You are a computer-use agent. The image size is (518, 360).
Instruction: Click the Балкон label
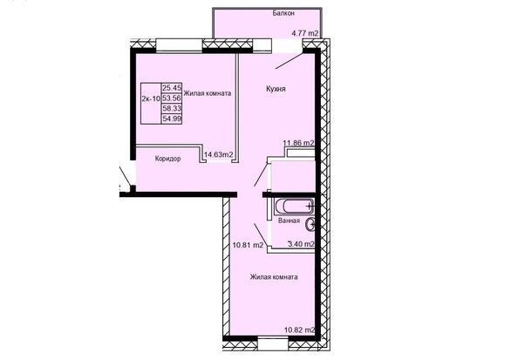click(x=283, y=13)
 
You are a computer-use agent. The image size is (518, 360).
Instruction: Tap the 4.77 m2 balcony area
click(x=305, y=33)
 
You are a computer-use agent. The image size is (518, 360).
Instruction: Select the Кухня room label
click(x=276, y=89)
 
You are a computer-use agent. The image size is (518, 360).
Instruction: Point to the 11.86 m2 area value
click(x=298, y=143)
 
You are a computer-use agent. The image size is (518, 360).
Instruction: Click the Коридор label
click(x=167, y=159)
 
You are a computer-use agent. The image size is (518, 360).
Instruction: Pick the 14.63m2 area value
click(x=219, y=154)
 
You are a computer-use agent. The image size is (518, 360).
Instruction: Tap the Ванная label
click(x=289, y=221)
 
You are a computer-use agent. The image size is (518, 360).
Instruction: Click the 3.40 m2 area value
click(x=301, y=244)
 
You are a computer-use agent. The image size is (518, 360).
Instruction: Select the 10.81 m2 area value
click(x=248, y=245)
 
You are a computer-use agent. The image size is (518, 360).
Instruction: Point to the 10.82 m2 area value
click(x=300, y=330)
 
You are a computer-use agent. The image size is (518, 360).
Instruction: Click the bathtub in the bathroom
click(x=294, y=207)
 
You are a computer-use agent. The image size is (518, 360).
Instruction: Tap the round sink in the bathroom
click(x=310, y=225)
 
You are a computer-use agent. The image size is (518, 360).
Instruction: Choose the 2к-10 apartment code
click(x=151, y=98)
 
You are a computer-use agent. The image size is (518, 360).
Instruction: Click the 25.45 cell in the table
click(x=172, y=88)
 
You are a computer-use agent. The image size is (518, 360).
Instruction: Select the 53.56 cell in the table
click(x=172, y=98)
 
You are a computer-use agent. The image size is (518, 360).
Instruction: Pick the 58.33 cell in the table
click(x=172, y=108)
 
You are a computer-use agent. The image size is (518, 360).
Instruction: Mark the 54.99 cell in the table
click(x=172, y=119)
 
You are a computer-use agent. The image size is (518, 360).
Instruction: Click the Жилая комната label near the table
click(x=208, y=93)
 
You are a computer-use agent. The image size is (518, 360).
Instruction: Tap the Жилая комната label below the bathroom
click(x=274, y=277)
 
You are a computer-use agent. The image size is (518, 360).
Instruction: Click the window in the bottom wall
click(x=273, y=344)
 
